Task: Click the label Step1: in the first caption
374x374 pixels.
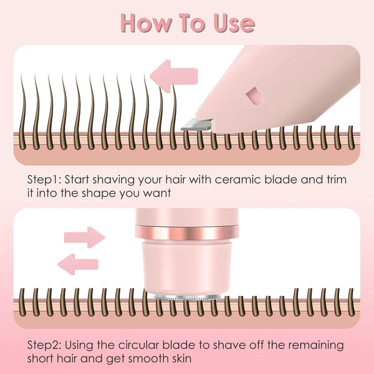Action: click(47, 179)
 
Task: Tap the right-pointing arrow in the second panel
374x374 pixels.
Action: click(84, 237)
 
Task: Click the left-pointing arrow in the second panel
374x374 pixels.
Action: click(77, 264)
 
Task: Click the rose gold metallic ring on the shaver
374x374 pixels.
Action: click(186, 233)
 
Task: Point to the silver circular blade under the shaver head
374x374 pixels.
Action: click(186, 296)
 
